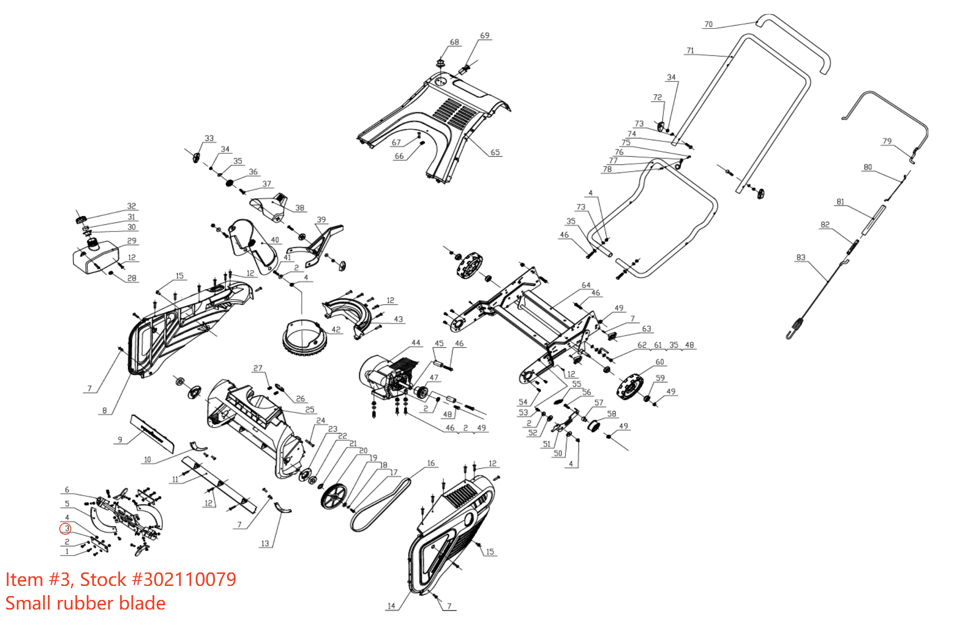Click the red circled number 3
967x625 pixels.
66,529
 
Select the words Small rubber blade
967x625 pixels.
85,603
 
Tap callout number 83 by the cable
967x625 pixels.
801,258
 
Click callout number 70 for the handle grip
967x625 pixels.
708,24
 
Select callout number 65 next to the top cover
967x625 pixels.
495,152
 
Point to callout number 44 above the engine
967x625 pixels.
416,343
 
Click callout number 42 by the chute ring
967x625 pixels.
336,329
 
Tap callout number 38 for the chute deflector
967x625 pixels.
300,208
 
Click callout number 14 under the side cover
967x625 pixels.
391,606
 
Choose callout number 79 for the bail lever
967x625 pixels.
887,141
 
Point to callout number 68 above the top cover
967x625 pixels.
454,42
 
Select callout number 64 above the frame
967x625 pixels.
586,285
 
